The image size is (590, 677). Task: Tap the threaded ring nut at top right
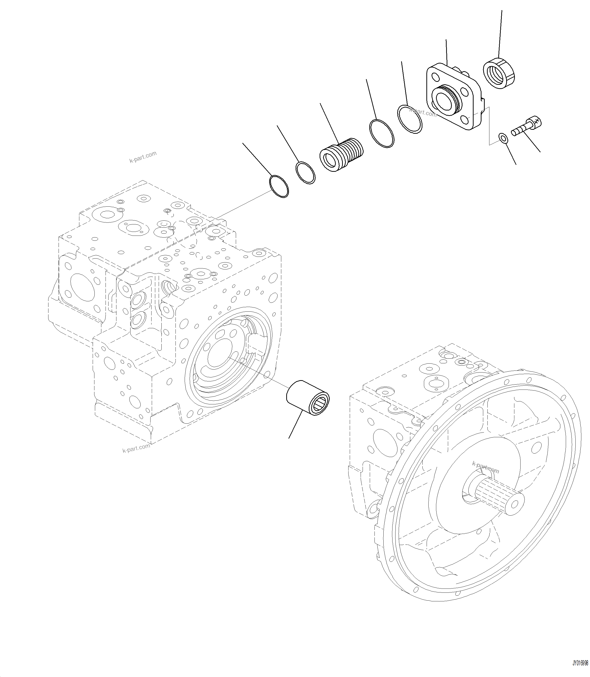499,73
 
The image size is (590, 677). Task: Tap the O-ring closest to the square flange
410,119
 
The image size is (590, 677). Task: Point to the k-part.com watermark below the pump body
136,448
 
